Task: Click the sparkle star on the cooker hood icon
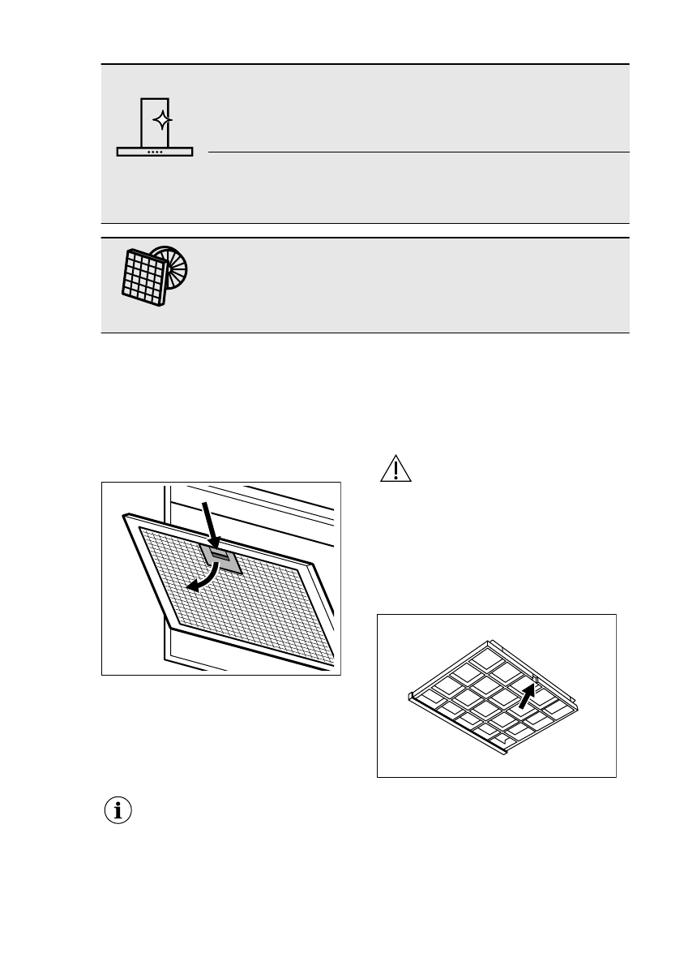click(163, 121)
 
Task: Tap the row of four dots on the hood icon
click(155, 151)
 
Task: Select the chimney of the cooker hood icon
click(155, 122)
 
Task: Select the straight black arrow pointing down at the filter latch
click(210, 526)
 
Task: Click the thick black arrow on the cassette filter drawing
click(527, 695)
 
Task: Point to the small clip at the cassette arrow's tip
click(536, 680)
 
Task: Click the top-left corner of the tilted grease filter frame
click(123, 514)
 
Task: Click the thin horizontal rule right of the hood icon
click(418, 152)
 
